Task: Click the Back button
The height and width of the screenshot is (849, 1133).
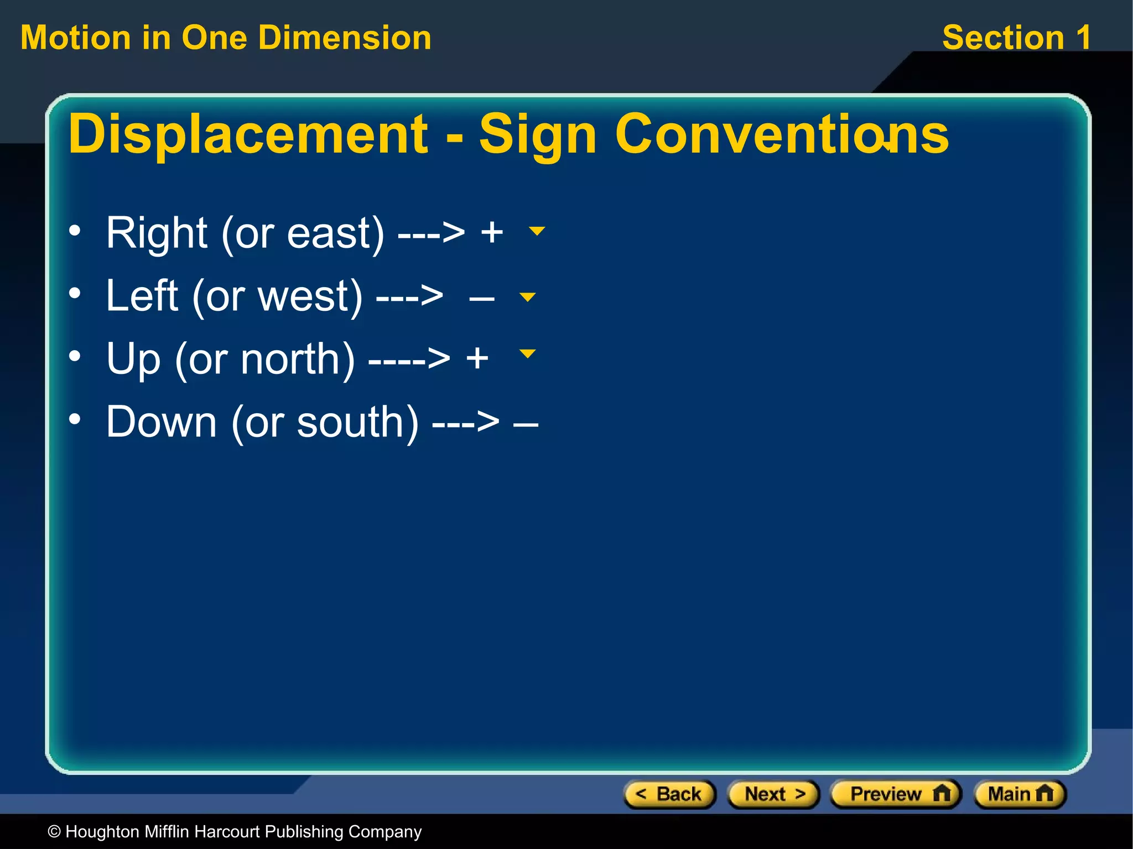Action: click(669, 794)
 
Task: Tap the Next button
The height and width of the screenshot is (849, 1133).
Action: click(773, 794)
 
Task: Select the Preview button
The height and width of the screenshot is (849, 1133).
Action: click(896, 794)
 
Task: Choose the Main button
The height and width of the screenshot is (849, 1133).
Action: click(1020, 794)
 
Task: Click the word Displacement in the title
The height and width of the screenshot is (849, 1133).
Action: click(248, 134)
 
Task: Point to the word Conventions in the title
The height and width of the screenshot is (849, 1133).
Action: click(782, 134)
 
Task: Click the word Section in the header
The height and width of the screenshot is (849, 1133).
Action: click(1003, 38)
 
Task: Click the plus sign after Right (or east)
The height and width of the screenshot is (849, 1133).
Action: click(492, 232)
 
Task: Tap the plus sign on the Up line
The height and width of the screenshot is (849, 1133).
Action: click(477, 358)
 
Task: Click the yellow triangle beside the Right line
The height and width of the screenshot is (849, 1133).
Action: click(537, 231)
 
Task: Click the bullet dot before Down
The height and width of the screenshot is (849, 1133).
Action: click(75, 419)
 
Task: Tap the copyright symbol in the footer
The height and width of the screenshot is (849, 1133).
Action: click(54, 832)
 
